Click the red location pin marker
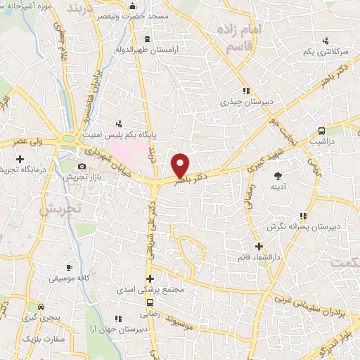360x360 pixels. tap(181, 165)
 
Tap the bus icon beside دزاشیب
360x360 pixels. tap(321, 131)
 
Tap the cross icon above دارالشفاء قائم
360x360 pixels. tap(259, 246)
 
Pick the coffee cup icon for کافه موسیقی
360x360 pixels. tap(69, 267)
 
